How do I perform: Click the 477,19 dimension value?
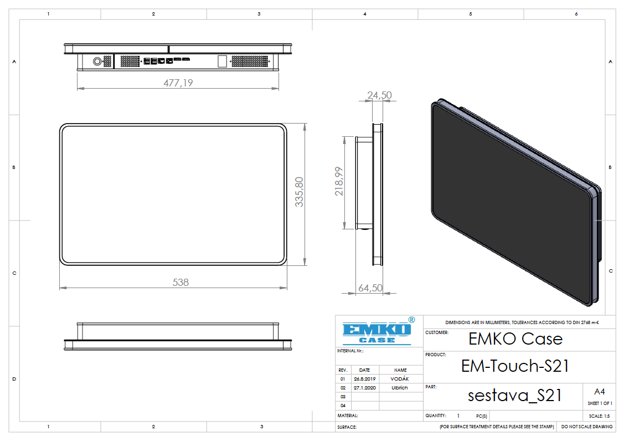click(178, 83)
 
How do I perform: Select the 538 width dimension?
click(181, 283)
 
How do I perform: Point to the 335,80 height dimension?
click(299, 192)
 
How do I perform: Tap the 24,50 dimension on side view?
click(379, 95)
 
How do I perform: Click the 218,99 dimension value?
click(339, 181)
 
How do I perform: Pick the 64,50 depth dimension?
click(370, 288)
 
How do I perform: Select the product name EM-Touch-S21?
click(515, 366)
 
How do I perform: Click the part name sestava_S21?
click(514, 396)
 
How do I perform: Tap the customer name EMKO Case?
click(515, 339)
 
